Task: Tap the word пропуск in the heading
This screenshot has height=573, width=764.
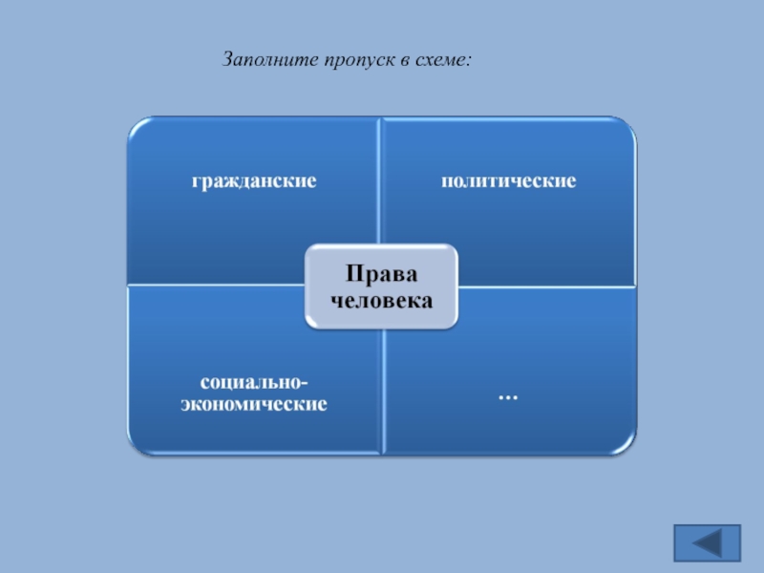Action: pyautogui.click(x=350, y=60)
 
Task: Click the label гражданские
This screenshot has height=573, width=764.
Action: pyautogui.click(x=254, y=180)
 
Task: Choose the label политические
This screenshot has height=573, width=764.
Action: pyautogui.click(x=508, y=180)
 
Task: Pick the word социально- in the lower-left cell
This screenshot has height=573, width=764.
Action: pyautogui.click(x=254, y=383)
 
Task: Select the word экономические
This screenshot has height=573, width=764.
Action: pyautogui.click(x=254, y=404)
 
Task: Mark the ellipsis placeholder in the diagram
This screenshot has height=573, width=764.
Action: pyautogui.click(x=508, y=393)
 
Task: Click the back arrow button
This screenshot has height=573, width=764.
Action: pyautogui.click(x=708, y=542)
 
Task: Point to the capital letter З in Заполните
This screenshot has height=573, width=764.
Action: pyautogui.click(x=228, y=60)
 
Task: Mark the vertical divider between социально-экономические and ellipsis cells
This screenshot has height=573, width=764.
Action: pyautogui.click(x=381, y=392)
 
